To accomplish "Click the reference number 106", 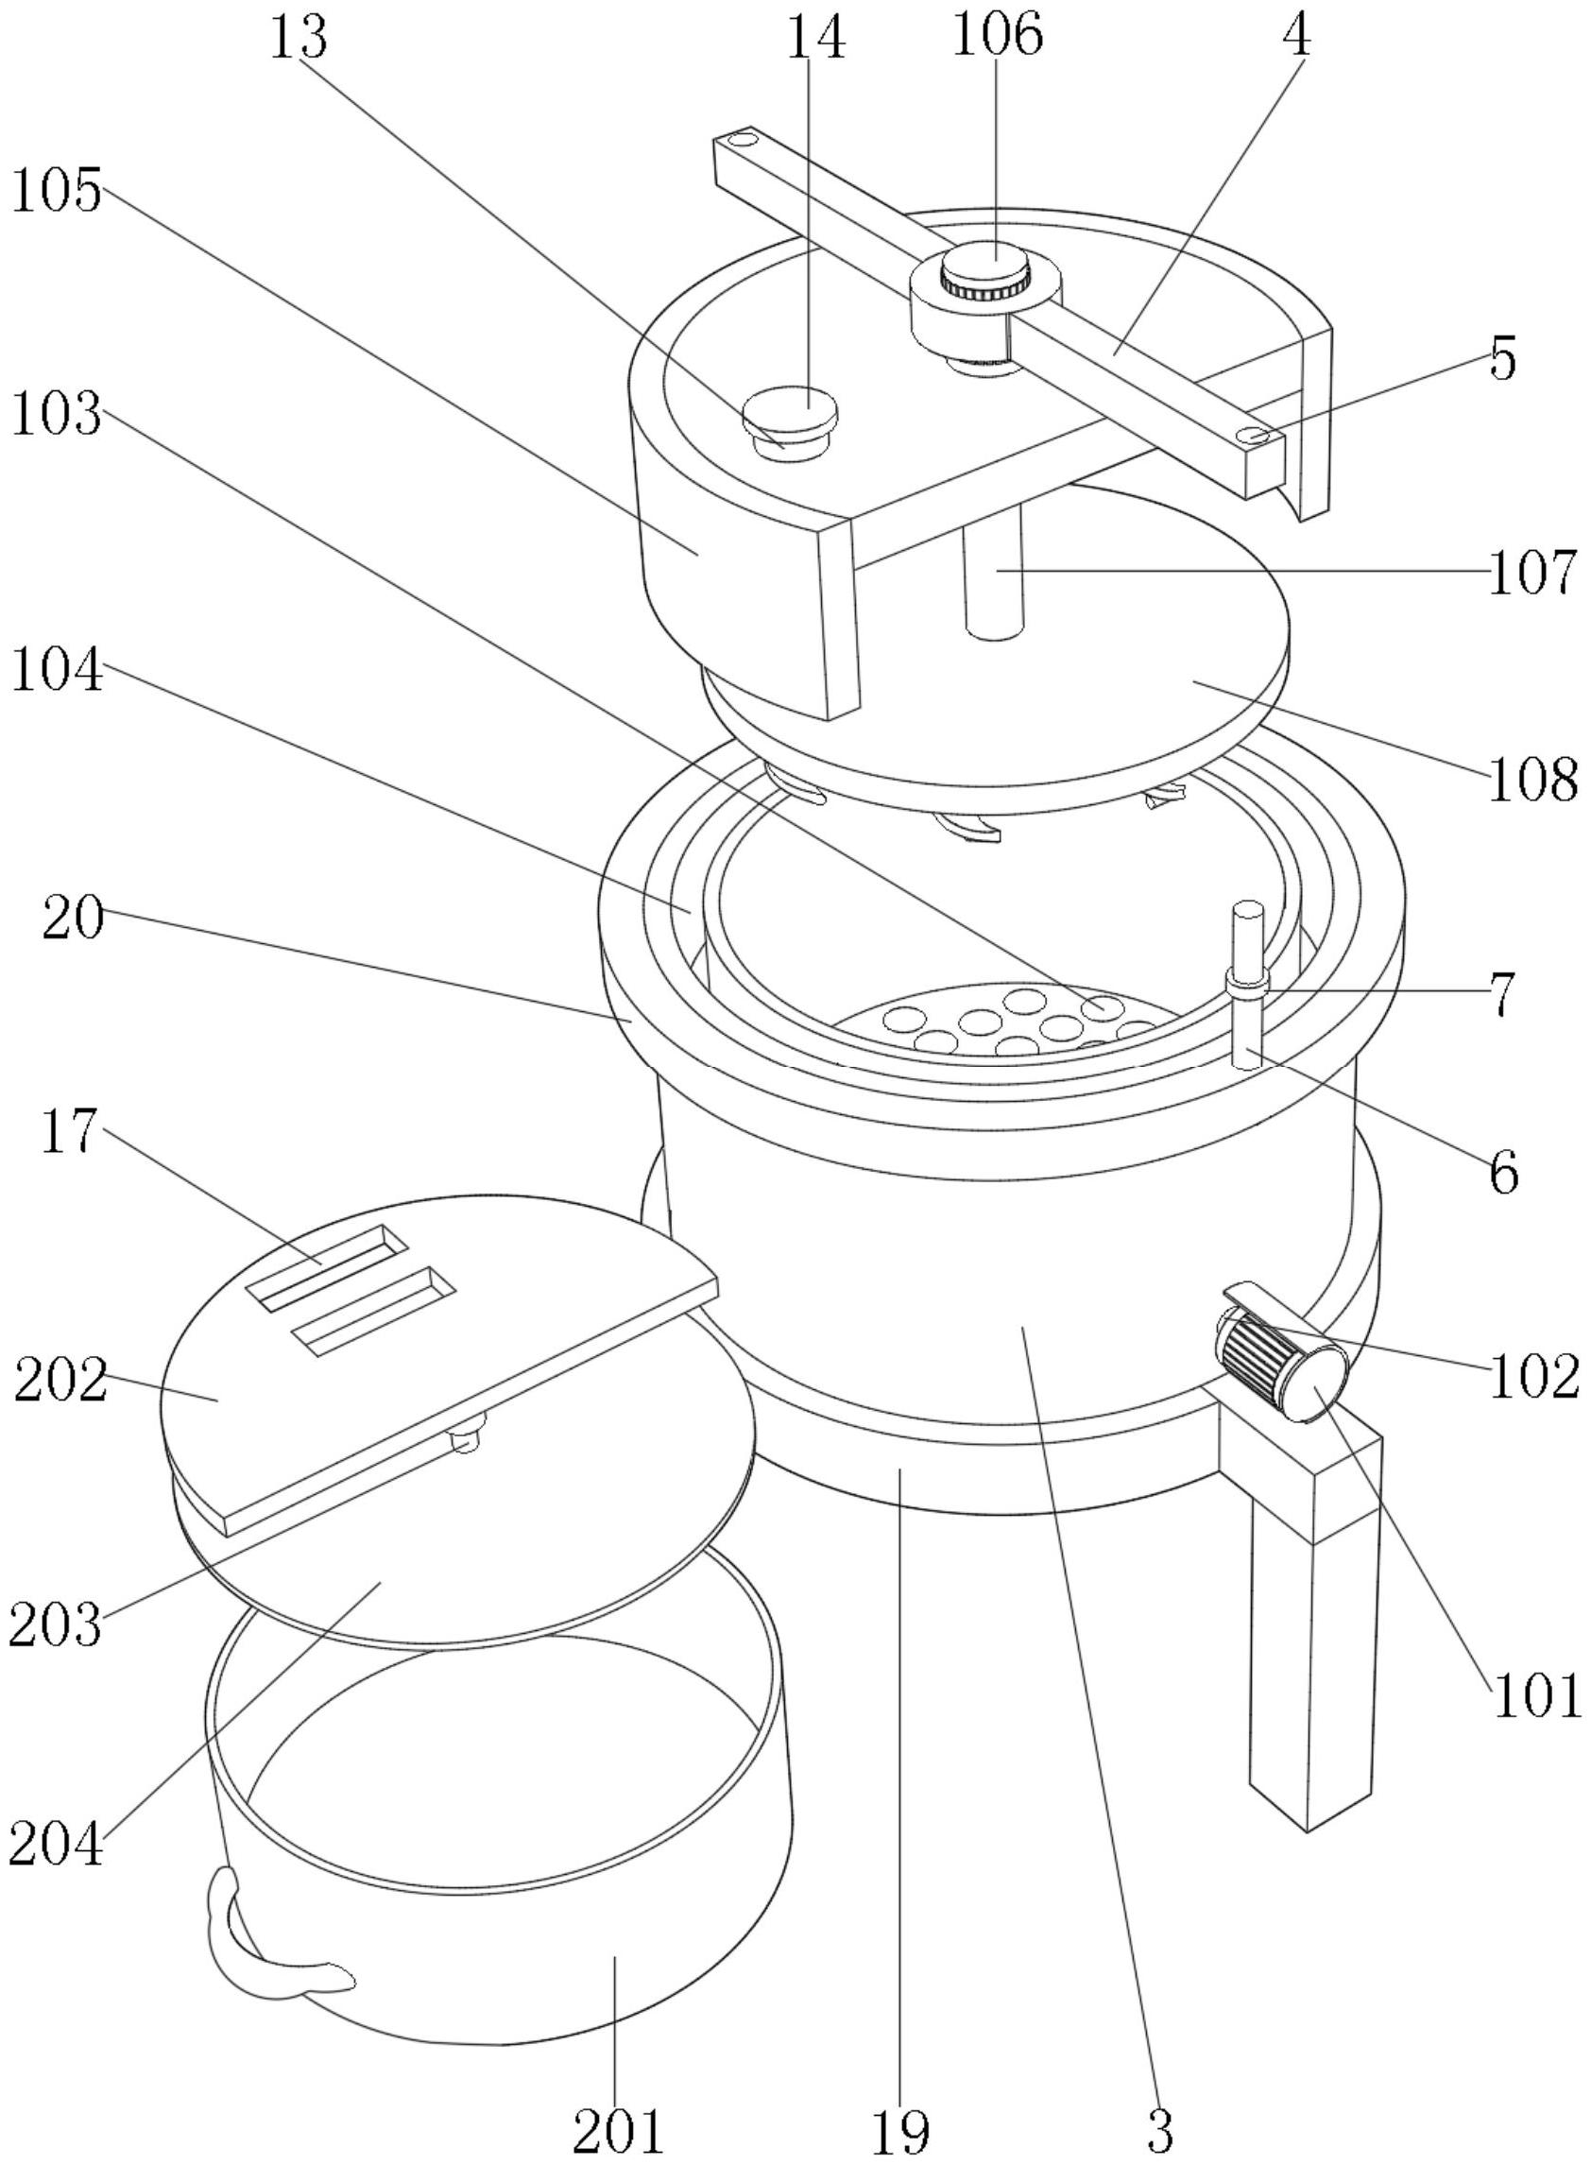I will point(997,37).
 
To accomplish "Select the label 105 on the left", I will point(56,192).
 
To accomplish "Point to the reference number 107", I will point(1533,572).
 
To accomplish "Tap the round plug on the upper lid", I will point(790,415).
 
